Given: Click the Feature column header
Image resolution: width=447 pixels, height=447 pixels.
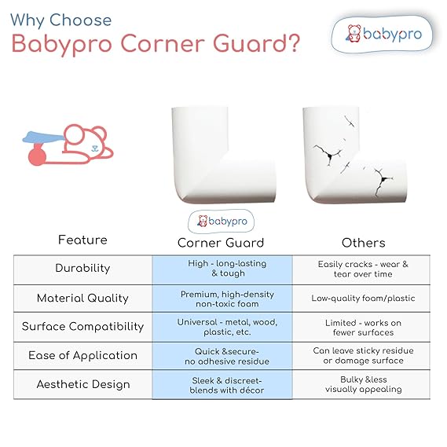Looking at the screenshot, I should coord(82,240).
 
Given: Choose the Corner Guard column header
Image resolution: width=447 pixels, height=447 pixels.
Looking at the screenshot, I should coord(221,243).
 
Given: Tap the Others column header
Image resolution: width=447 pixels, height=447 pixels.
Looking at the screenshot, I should coord(362,243).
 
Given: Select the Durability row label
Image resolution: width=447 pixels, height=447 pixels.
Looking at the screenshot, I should coord(82,269).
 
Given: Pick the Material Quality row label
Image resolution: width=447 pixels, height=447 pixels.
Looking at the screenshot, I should coord(82,298).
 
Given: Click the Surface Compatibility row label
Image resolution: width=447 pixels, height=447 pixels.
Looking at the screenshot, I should coord(82,327).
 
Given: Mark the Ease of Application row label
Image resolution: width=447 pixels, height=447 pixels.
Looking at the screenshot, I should coord(82,356).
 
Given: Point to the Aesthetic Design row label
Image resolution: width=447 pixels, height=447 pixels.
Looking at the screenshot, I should coord(82,385).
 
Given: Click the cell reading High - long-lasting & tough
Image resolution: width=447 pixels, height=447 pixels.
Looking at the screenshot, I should coord(222,269).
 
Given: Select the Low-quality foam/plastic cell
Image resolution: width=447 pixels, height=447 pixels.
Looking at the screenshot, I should coord(363,299).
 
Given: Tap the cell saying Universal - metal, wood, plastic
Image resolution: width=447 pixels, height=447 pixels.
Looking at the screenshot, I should coord(222,327).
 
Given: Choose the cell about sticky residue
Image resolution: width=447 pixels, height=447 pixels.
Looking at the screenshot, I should coord(363,356).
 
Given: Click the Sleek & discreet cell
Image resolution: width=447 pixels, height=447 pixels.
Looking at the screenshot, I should coord(222,385).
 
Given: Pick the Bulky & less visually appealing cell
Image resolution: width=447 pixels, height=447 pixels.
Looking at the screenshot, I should coord(363,385).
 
